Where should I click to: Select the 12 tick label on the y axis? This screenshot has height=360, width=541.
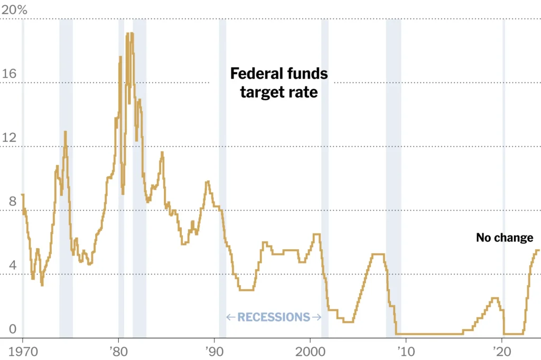click(10, 138)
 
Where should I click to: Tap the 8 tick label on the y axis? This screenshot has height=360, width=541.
click(6, 202)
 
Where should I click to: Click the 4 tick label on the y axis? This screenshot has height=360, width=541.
click(6, 266)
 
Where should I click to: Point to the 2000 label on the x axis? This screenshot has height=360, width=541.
click(310, 350)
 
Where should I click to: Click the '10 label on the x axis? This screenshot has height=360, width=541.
click(405, 350)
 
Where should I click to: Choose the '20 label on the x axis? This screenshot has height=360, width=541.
click(501, 350)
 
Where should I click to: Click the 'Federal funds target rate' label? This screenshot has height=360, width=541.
click(279, 83)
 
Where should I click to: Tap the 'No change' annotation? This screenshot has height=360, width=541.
click(505, 238)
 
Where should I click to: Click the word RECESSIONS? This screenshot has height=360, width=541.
click(274, 317)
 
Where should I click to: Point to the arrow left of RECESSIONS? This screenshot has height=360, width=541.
click(231, 317)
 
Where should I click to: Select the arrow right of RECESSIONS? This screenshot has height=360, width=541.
click(316, 317)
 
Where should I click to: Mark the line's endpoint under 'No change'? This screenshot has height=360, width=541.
click(538, 250)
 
